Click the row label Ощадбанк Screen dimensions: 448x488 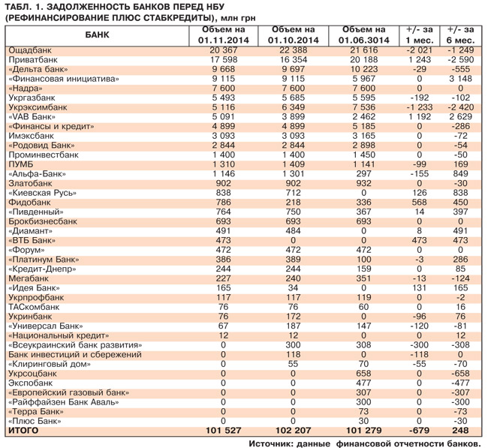pyautogui.click(x=29, y=50)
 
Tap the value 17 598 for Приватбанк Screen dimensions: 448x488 pyautogui.click(x=218, y=59)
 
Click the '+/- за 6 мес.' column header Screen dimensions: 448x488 pyautogui.click(x=460, y=35)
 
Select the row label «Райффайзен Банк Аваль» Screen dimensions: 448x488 pyautogui.click(x=63, y=402)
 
